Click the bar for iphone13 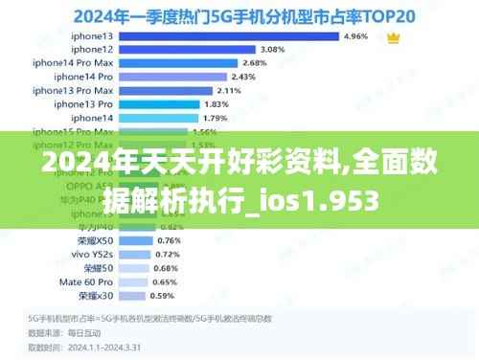(229, 36)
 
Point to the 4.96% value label (354, 36)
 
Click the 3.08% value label (273, 49)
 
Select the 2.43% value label (244, 77)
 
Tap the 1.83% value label (217, 103)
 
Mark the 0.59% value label (164, 296)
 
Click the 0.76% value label (169, 240)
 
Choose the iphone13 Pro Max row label (73, 90)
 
